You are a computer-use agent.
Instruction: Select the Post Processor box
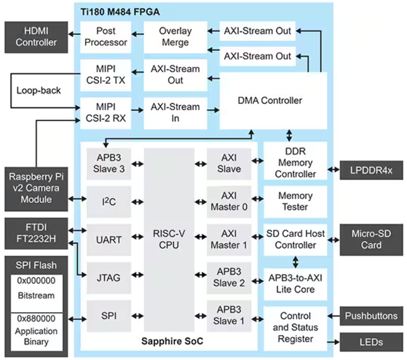pyautogui.click(x=105, y=37)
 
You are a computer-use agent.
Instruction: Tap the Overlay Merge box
pyautogui.click(x=175, y=37)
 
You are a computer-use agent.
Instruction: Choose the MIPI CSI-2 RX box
pyautogui.click(x=105, y=113)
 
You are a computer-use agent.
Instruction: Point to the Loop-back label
pyautogui.click(x=38, y=91)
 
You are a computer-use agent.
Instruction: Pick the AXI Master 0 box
pyautogui.click(x=229, y=201)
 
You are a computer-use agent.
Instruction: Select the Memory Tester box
pyautogui.click(x=295, y=201)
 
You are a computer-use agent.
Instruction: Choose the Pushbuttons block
pyautogui.click(x=371, y=316)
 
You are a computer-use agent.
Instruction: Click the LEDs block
pyautogui.click(x=371, y=342)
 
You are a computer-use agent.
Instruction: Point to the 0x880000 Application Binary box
pyautogui.click(x=37, y=332)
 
